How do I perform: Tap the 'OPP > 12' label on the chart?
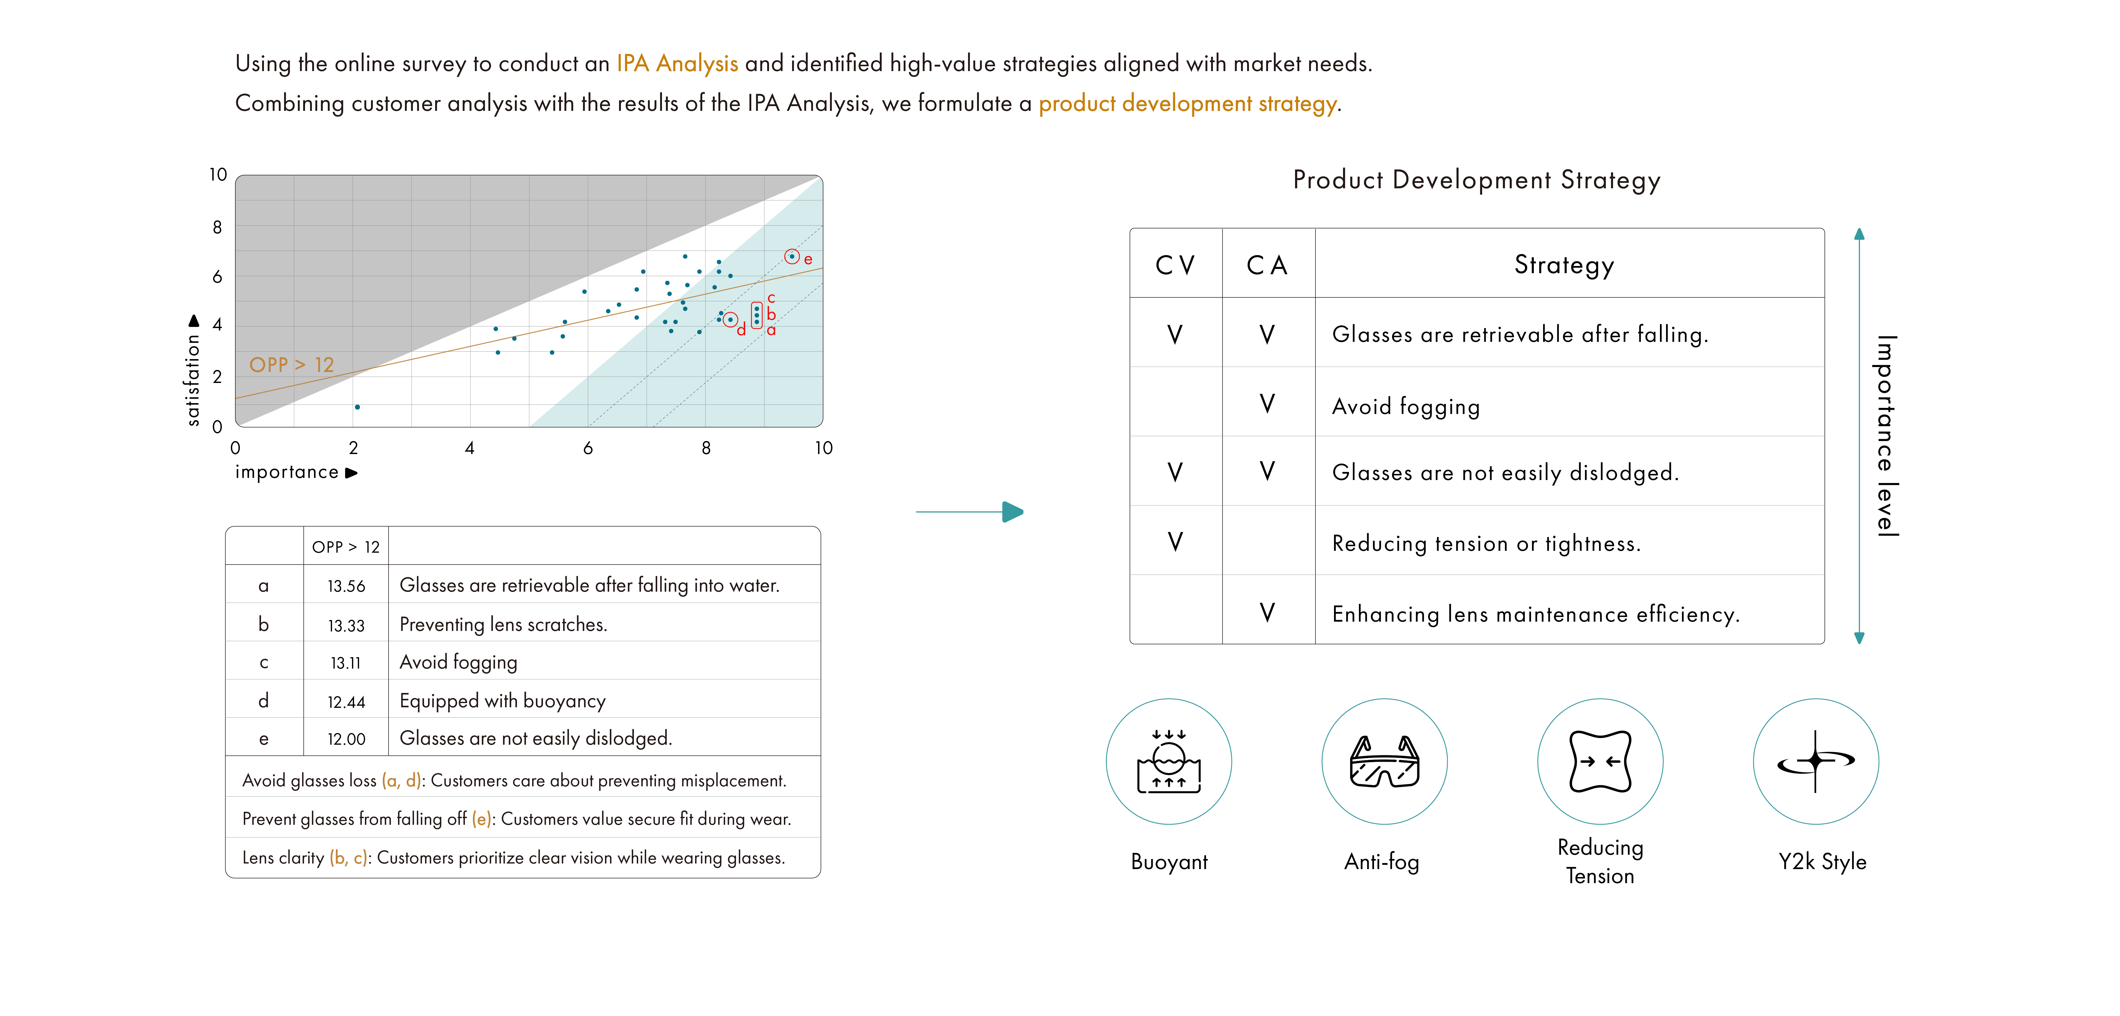coord(291,365)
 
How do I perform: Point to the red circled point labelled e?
coord(792,256)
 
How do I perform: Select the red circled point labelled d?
coord(730,320)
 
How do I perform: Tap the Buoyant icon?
coord(1169,762)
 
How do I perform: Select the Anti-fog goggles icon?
coord(1384,762)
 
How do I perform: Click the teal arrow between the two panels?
coord(971,512)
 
